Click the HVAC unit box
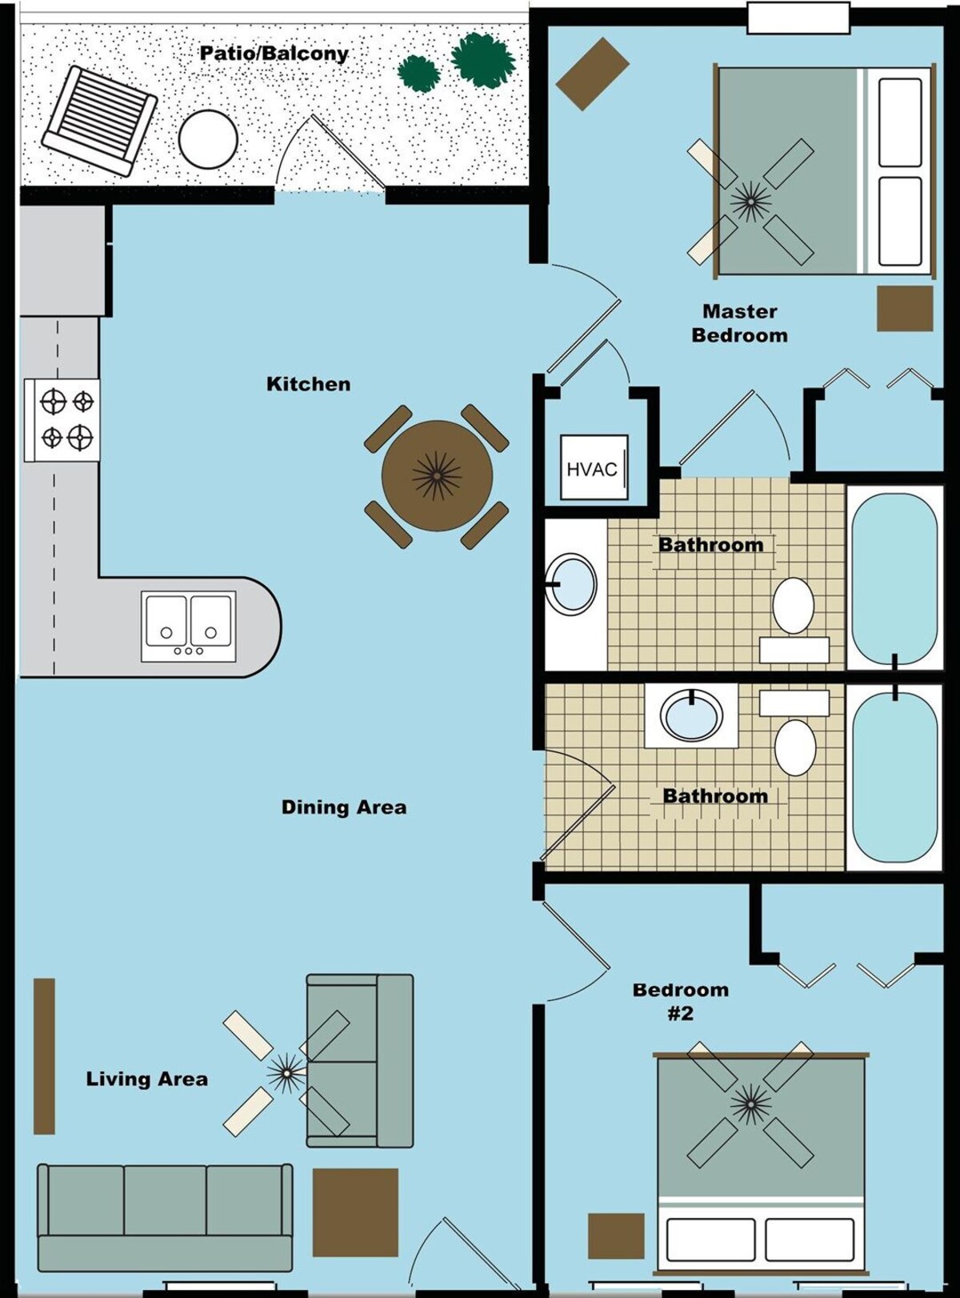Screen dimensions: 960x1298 click(x=594, y=467)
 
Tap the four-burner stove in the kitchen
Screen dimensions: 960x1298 click(x=62, y=419)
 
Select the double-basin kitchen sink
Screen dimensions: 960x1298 click(x=188, y=626)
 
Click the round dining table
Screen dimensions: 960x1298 click(x=437, y=476)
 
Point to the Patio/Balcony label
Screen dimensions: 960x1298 click(x=274, y=54)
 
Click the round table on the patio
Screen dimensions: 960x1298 click(x=208, y=140)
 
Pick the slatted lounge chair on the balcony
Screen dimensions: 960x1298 click(x=99, y=120)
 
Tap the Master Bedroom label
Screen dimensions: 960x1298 click(x=739, y=323)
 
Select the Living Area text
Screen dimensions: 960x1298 click(x=147, y=1079)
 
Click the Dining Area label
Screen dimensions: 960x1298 click(x=344, y=807)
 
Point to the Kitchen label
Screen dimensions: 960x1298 click(x=308, y=384)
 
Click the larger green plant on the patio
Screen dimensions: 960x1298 click(x=483, y=60)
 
